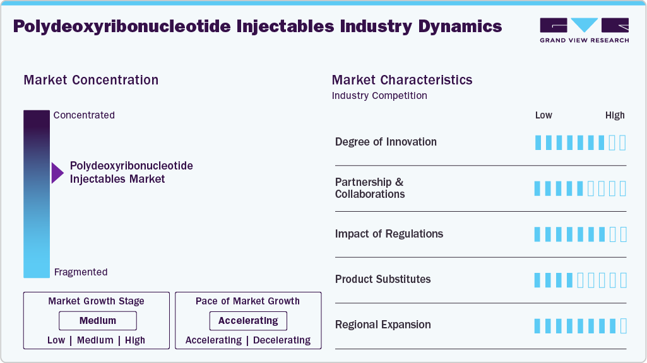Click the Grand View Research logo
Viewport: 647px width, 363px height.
(584, 30)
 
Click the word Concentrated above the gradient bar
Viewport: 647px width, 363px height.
(84, 115)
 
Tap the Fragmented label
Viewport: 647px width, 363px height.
(81, 272)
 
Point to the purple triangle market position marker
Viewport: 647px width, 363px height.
(57, 173)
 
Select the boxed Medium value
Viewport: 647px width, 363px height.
(98, 321)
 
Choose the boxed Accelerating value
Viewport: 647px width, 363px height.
(248, 321)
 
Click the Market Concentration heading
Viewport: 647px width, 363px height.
(91, 80)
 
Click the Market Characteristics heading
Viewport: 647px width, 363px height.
(402, 80)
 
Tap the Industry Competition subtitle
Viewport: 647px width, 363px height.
(379, 96)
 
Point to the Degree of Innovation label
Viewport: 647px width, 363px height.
(386, 142)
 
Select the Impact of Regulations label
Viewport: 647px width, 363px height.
(389, 234)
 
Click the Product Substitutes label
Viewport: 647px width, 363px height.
(383, 279)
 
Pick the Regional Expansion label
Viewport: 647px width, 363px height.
(383, 325)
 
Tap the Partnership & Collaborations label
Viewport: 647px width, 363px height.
(370, 188)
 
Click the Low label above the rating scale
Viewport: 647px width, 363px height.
(543, 115)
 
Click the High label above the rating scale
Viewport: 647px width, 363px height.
(615, 115)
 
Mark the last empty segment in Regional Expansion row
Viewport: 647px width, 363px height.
(623, 326)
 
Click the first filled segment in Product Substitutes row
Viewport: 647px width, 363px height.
(538, 280)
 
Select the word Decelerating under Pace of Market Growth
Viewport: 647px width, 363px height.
(282, 340)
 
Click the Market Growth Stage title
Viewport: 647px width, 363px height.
(96, 301)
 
